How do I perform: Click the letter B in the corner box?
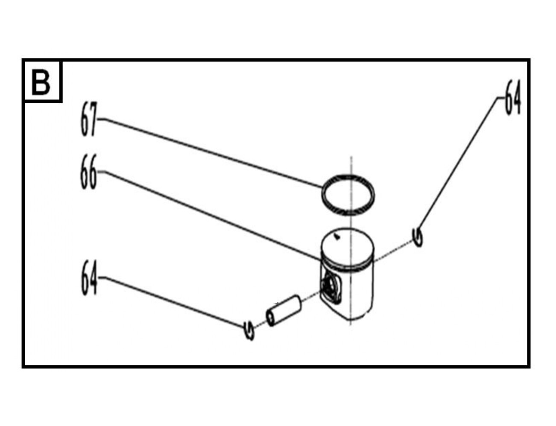point(41,82)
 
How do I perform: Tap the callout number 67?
point(89,119)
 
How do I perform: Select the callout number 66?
point(88,172)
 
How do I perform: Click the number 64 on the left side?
point(89,278)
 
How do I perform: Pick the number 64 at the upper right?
point(513,97)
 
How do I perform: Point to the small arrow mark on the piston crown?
point(337,237)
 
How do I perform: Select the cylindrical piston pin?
point(284,311)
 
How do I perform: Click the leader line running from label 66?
point(209,216)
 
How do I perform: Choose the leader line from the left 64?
point(171,302)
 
